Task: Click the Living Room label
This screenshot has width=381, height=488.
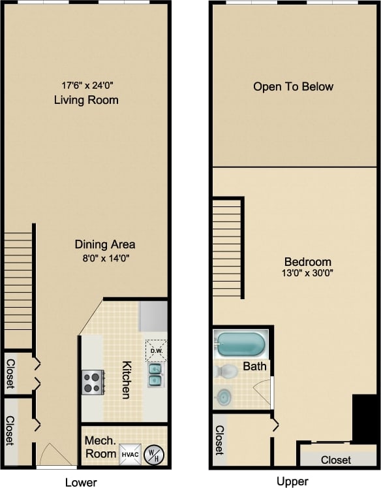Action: (85, 100)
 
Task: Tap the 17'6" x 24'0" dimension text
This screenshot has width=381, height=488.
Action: (85, 85)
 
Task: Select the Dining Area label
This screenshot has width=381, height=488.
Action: (105, 244)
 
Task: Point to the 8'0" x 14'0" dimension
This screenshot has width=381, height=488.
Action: (105, 257)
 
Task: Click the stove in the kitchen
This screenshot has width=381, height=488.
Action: (91, 381)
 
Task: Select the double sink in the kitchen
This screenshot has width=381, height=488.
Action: (155, 375)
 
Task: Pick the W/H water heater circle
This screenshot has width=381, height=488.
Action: (153, 453)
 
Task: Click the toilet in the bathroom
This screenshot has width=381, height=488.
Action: (224, 371)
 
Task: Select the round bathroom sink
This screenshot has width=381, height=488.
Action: (224, 397)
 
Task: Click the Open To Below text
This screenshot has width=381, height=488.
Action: (293, 86)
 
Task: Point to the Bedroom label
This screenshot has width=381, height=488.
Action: (309, 261)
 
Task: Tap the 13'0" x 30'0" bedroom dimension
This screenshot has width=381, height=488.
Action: (309, 274)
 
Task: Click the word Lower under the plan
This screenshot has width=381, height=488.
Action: (81, 482)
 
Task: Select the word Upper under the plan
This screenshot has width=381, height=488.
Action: (292, 481)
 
